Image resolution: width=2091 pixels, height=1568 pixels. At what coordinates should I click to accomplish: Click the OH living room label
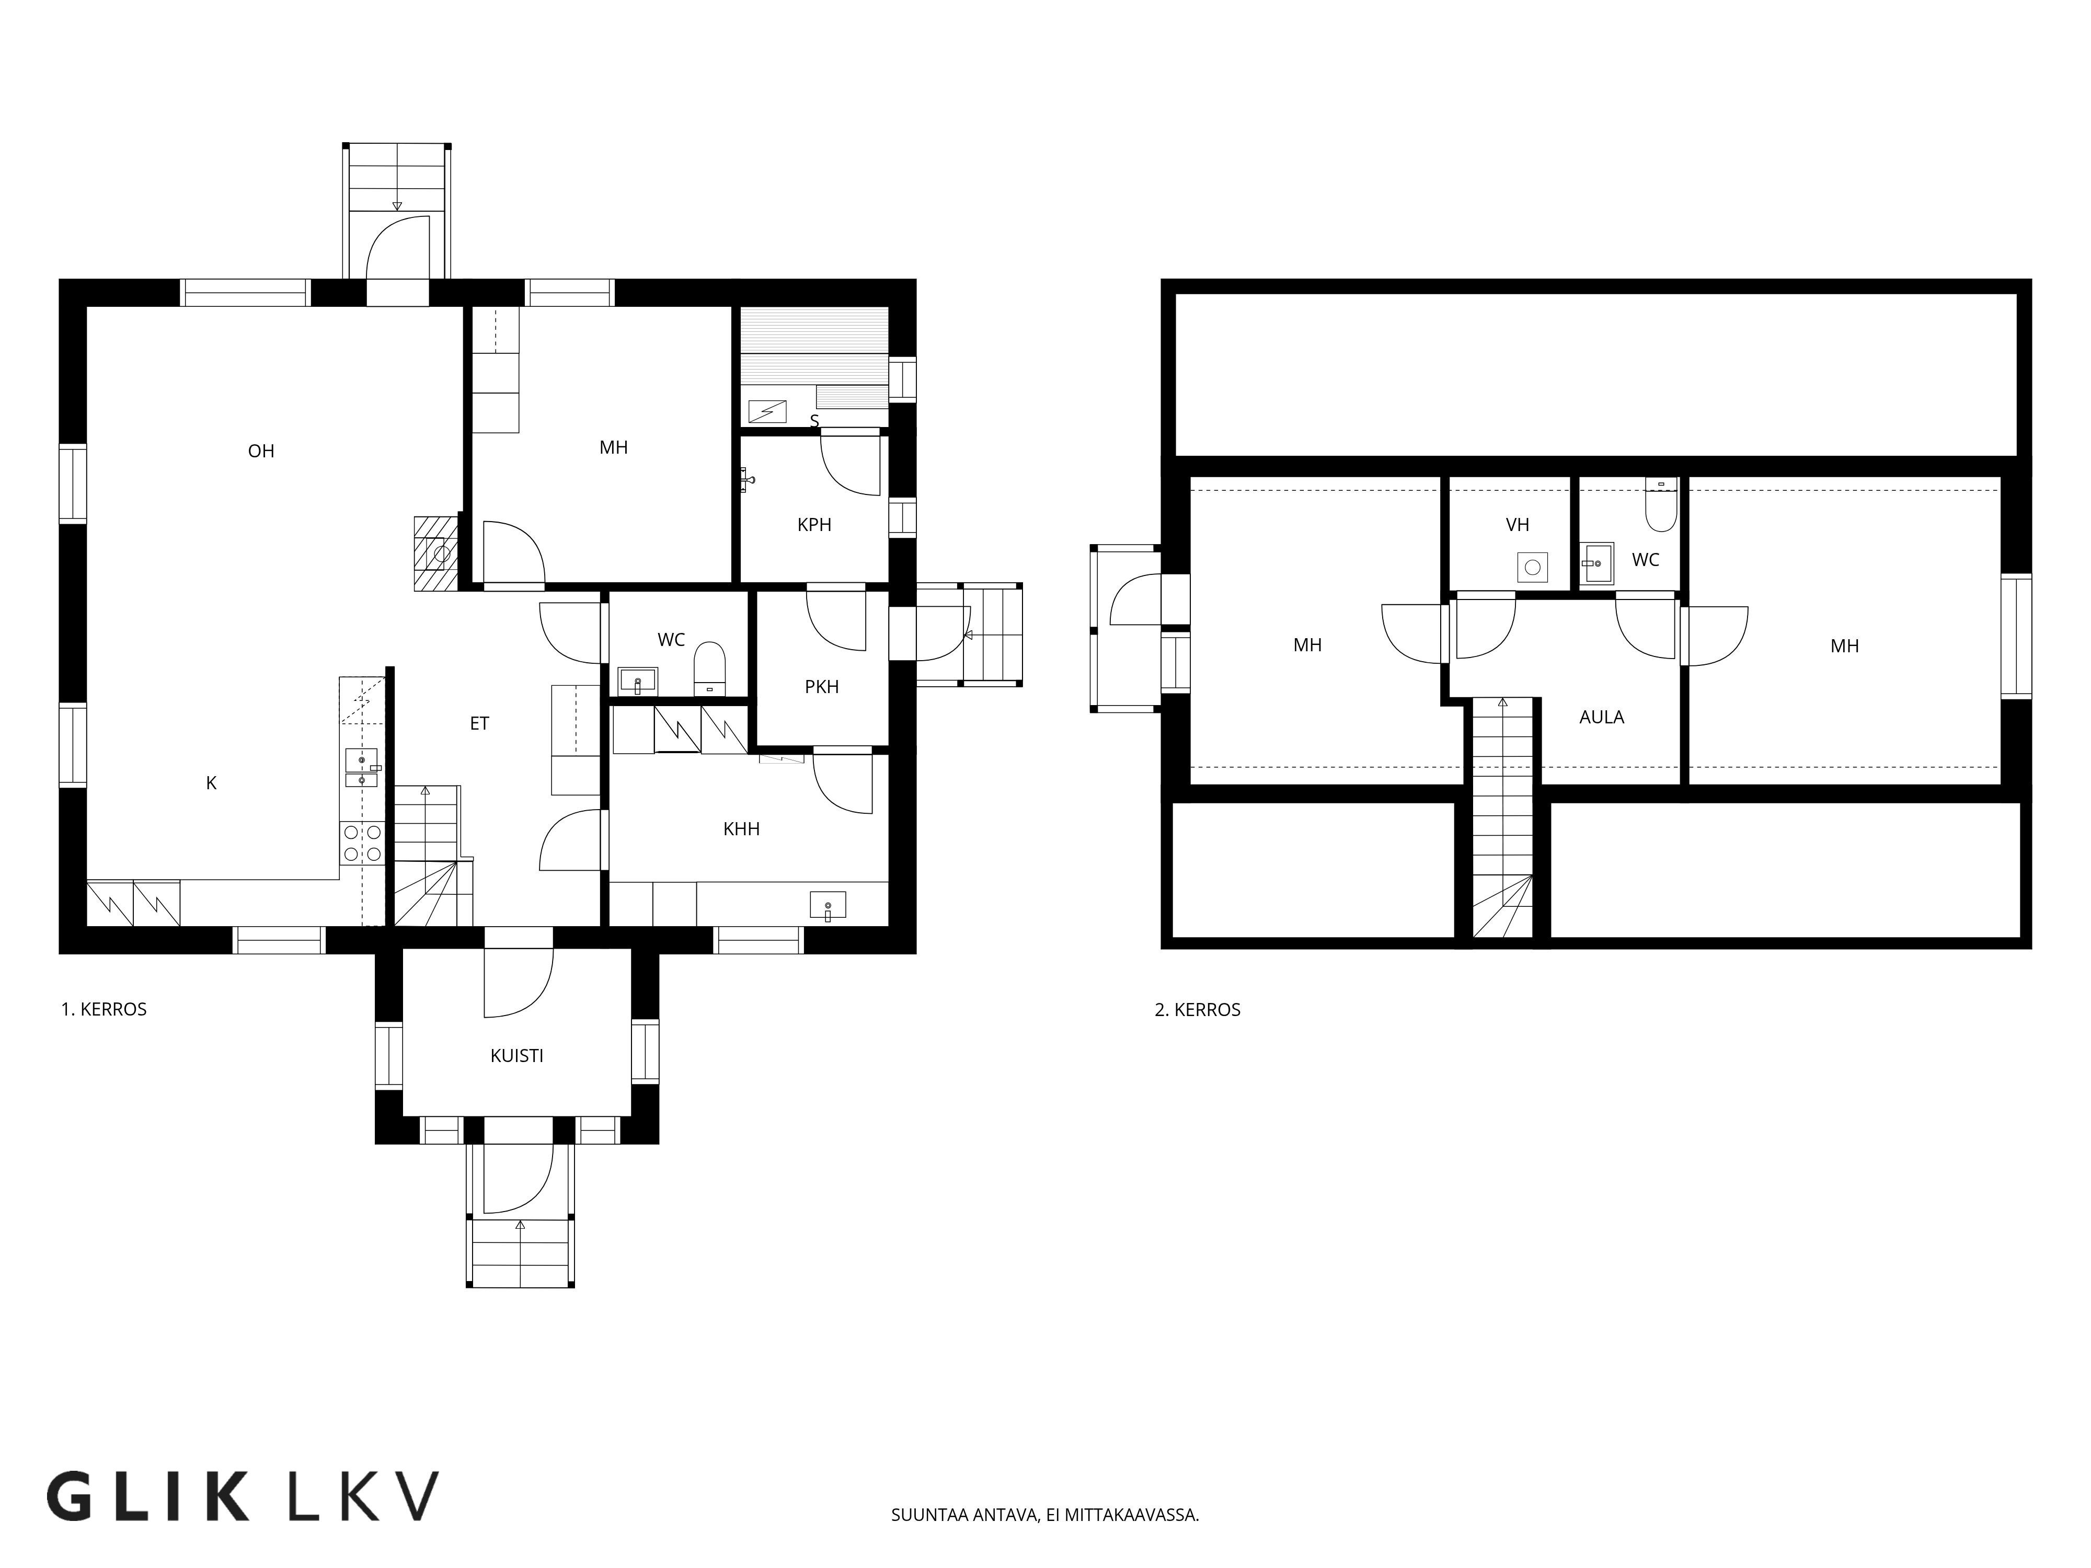(261, 452)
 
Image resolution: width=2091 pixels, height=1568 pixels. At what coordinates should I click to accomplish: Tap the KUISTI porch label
(516, 1056)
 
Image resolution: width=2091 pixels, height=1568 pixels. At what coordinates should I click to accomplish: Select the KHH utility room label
(741, 829)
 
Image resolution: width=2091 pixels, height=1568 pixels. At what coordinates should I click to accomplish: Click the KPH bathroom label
(814, 525)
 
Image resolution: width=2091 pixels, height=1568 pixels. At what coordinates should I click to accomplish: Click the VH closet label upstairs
(1517, 525)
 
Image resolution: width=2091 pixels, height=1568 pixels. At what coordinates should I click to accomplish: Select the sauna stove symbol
(767, 411)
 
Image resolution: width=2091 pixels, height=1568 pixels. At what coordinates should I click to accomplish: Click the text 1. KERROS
(104, 1009)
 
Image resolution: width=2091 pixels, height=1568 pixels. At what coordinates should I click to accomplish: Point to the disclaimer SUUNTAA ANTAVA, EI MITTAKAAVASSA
(1044, 1515)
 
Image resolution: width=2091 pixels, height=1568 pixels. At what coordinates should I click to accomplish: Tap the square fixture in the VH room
(1532, 567)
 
